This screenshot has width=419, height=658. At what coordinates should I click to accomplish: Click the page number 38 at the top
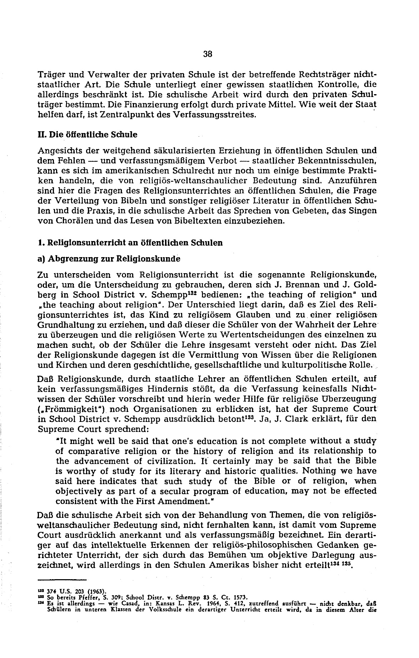tap(208, 54)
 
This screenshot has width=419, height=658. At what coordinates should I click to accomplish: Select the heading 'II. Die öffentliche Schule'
tap(88, 135)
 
